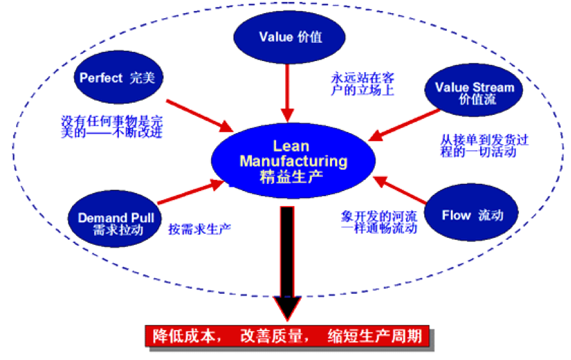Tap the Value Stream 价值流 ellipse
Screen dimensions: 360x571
tap(474, 93)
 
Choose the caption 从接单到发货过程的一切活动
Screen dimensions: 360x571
tap(477, 146)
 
